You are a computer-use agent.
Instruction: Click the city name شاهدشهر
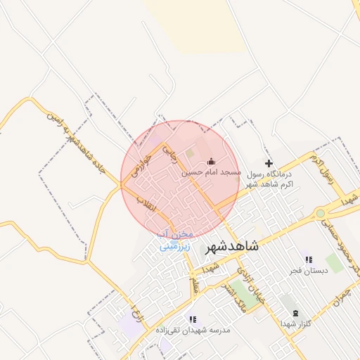(231, 247)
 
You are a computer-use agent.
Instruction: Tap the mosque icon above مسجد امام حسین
(211, 162)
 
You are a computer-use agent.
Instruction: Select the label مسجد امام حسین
(211, 172)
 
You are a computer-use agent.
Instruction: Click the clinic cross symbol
(268, 163)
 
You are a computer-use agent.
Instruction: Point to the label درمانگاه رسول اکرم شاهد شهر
(269, 178)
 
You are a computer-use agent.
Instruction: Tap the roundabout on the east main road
(321, 212)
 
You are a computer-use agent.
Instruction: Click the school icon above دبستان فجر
(308, 259)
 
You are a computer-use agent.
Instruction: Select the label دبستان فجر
(306, 271)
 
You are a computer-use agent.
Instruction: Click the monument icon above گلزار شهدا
(295, 313)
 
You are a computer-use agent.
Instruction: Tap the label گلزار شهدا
(295, 323)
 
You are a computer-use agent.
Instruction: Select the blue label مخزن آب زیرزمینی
(174, 240)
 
